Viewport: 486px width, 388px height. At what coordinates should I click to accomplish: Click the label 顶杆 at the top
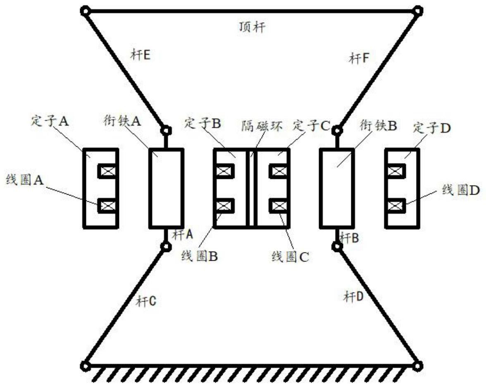point(253,28)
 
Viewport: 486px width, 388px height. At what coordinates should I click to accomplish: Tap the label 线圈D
point(461,190)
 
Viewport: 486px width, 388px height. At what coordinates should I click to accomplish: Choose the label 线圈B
point(200,256)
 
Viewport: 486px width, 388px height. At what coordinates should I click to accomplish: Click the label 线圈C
point(290,257)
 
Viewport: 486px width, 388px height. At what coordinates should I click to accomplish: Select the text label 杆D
point(354,296)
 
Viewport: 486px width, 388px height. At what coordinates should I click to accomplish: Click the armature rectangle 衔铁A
point(166,188)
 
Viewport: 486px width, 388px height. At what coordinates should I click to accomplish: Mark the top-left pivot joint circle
point(85,10)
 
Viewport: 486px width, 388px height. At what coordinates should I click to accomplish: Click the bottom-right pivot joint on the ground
point(418,366)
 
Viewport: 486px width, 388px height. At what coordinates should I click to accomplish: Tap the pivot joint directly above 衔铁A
point(166,131)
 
